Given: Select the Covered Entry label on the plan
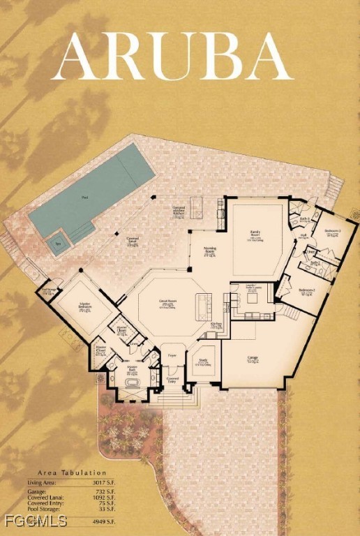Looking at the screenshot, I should click(172, 379).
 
